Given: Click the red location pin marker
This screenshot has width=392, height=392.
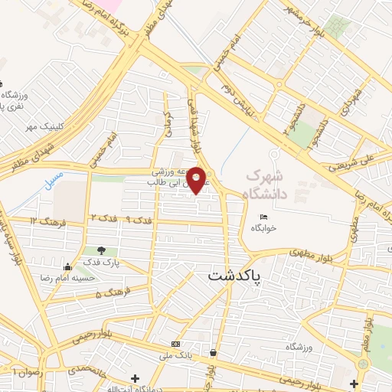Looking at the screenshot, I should click(x=196, y=178).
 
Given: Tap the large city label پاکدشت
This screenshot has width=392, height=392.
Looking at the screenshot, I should click(x=234, y=276).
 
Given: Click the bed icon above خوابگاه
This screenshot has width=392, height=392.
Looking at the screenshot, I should click(x=263, y=217).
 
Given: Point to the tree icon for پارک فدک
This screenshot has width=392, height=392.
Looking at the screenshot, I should click(x=101, y=250).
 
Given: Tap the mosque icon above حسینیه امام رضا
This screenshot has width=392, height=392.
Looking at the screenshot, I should click(x=68, y=267).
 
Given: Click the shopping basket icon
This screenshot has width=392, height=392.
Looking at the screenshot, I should click(x=211, y=353).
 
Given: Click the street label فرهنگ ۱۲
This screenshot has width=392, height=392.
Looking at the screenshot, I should click(x=44, y=220).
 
